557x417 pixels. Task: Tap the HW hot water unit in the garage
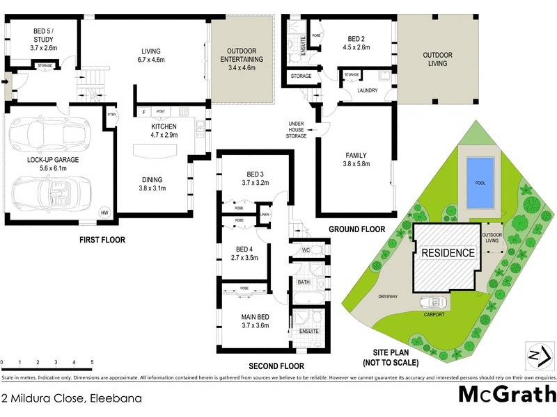[105, 213]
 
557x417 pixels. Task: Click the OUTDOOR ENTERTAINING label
[242, 56]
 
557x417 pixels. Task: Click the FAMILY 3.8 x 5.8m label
[356, 160]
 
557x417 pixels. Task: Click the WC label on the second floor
[306, 250]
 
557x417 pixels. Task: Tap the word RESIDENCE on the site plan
[447, 252]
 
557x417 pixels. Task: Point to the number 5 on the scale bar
[92, 363]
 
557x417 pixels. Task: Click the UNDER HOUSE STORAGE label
[297, 130]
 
